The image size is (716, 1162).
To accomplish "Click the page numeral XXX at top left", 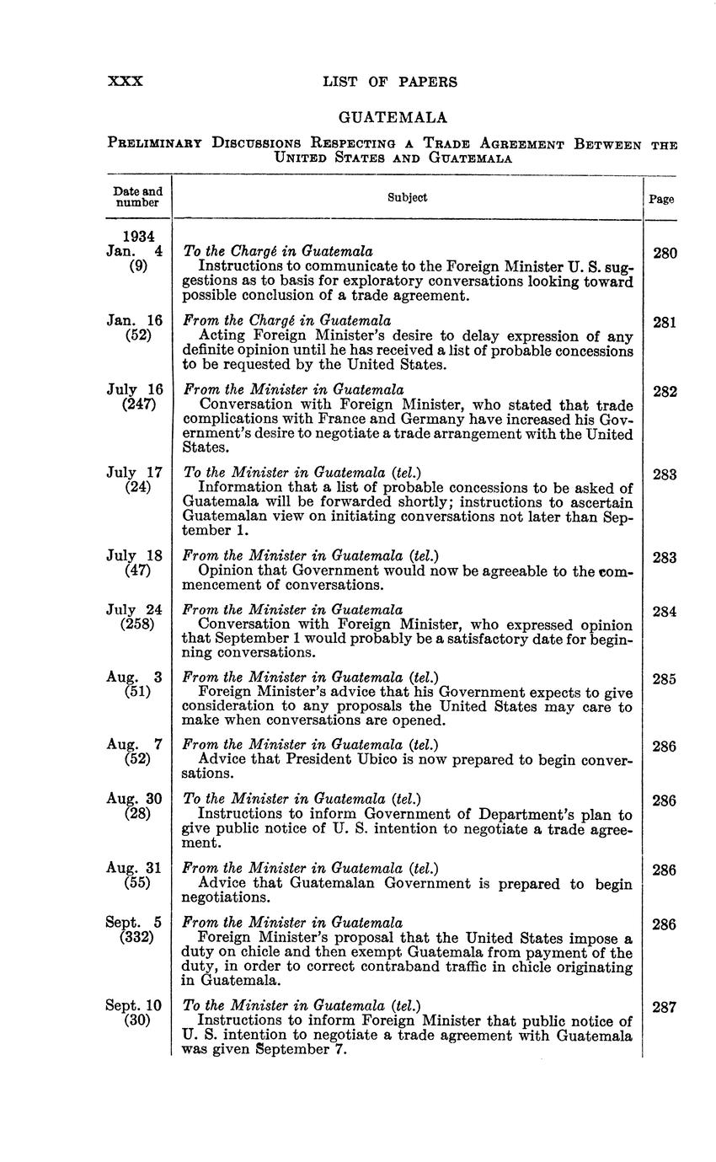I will click(126, 82).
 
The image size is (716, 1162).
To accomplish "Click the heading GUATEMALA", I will click(392, 117).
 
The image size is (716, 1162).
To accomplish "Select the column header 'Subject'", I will click(407, 197).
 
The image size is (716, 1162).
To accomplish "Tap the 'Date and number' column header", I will click(137, 197).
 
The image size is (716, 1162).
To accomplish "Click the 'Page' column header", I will click(661, 200).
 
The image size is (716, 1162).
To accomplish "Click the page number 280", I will click(664, 253).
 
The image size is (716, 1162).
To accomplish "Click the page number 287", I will click(664, 1007).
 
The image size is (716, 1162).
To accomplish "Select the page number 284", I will click(664, 612).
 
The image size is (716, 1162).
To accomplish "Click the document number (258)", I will click(138, 624).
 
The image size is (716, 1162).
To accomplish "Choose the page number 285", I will click(664, 678).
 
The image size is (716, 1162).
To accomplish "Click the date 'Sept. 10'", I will click(133, 1005).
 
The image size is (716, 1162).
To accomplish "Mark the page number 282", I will click(664, 391).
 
